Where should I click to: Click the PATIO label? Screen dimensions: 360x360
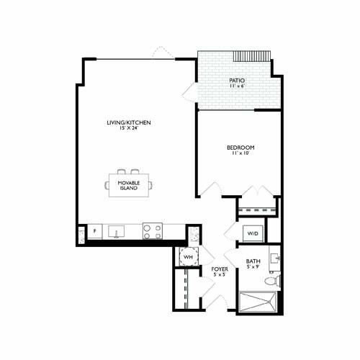(x=236, y=81)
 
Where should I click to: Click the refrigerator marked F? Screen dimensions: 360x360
(x=95, y=232)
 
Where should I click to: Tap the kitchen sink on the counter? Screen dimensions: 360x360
(x=117, y=232)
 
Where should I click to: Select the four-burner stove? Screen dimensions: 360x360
(x=152, y=231)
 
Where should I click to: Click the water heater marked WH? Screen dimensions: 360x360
(x=187, y=257)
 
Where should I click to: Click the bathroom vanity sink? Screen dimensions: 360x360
(x=274, y=257)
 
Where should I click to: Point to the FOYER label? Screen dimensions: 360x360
(x=220, y=269)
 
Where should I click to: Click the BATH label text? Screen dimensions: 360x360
(x=253, y=261)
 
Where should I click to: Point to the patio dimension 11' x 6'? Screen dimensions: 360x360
(x=236, y=86)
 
